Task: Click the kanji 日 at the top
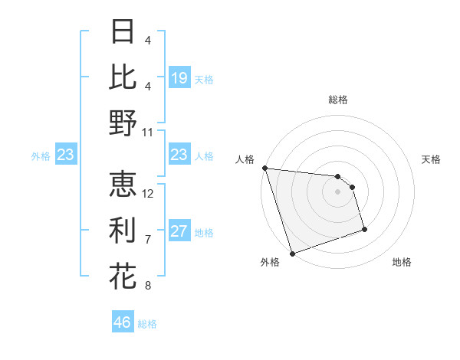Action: pyautogui.click(x=123, y=31)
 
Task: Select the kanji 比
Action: pyautogui.click(x=123, y=77)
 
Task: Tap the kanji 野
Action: pyautogui.click(x=123, y=123)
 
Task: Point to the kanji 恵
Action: pyautogui.click(x=123, y=184)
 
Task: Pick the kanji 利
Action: pyautogui.click(x=123, y=230)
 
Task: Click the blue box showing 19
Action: pyautogui.click(x=179, y=78)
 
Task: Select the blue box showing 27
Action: pyautogui.click(x=179, y=232)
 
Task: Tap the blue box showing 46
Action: pyautogui.click(x=123, y=322)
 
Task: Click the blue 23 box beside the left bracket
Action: pyautogui.click(x=66, y=155)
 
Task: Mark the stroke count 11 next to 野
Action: pyautogui.click(x=148, y=132)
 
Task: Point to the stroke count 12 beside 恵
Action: pyautogui.click(x=148, y=193)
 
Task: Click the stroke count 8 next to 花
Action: pyautogui.click(x=148, y=286)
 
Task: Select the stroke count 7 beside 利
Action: pyautogui.click(x=148, y=239)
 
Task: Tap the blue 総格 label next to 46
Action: pyautogui.click(x=147, y=324)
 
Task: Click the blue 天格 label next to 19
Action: pyautogui.click(x=204, y=79)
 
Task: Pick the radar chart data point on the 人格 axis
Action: pyautogui.click(x=264, y=168)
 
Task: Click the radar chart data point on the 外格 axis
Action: pyautogui.click(x=292, y=254)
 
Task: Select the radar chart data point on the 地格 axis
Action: pyautogui.click(x=364, y=229)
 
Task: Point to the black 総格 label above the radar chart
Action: pyautogui.click(x=337, y=100)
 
